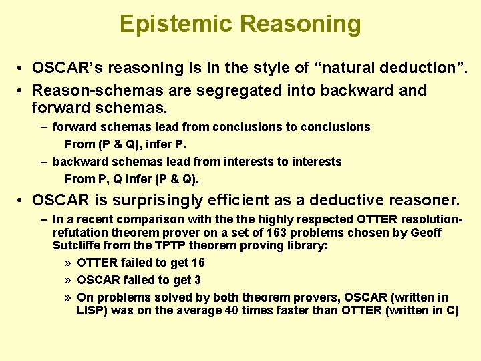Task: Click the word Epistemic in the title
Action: (x=176, y=25)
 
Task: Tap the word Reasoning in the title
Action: (x=300, y=25)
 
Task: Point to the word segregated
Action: (x=212, y=90)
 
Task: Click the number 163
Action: (x=275, y=233)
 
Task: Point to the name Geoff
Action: (x=427, y=233)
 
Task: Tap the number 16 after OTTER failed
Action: (x=198, y=263)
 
